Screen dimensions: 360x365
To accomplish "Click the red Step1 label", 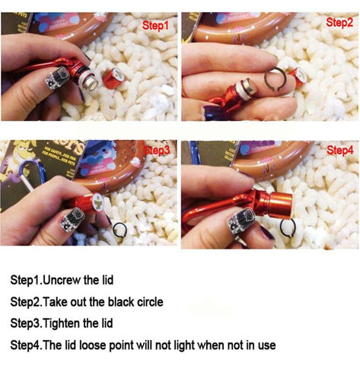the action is pyautogui.click(x=155, y=26).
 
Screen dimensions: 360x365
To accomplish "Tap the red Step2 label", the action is pyautogui.click(x=339, y=23).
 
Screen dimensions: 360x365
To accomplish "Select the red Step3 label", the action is pyautogui.click(x=157, y=151).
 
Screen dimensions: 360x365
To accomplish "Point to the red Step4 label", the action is pyautogui.click(x=340, y=151).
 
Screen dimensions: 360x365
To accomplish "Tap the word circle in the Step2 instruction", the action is pyautogui.click(x=150, y=302).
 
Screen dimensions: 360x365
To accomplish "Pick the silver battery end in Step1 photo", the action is pyautogui.click(x=91, y=81).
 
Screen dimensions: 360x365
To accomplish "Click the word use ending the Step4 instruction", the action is pyautogui.click(x=267, y=346).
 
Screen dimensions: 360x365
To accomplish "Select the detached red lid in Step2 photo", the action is pyautogui.click(x=299, y=78).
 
